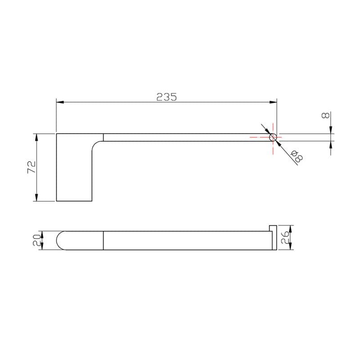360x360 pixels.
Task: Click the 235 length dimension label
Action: tap(166, 97)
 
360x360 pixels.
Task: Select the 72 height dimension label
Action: tap(32, 167)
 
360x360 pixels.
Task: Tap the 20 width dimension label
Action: tap(37, 240)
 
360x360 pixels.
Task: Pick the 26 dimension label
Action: tap(285, 238)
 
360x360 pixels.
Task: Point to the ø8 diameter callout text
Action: tap(297, 157)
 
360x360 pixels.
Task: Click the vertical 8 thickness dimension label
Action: tap(325, 115)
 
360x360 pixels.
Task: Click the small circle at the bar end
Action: tap(273, 137)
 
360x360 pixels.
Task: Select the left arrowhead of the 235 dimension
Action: tap(60, 102)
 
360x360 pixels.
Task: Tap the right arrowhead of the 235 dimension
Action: tap(273, 102)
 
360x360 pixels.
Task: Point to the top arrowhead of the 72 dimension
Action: tap(36, 137)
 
